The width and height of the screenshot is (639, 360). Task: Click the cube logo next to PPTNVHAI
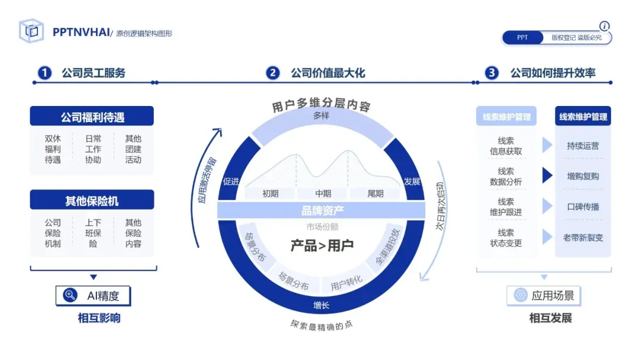pos(31,31)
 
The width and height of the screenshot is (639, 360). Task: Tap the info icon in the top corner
pos(604,26)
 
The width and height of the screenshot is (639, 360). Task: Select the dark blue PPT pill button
pos(522,38)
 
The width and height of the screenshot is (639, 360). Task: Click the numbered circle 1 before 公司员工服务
pos(45,73)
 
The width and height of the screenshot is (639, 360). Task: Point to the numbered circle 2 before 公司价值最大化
pos(273,73)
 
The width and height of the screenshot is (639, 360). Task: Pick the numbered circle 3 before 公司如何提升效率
pos(492,73)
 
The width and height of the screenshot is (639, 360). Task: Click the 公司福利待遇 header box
pos(92,117)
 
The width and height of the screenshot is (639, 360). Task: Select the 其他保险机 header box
pos(92,201)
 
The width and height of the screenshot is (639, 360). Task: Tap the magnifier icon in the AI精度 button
pos(70,295)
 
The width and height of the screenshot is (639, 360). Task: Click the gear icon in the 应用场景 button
pos(521,295)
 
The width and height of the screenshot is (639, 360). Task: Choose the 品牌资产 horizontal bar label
pos(322,210)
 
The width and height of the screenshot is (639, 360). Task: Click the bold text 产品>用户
pos(322,245)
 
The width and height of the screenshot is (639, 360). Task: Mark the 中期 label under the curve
pos(323,194)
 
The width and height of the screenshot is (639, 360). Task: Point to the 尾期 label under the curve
pos(375,194)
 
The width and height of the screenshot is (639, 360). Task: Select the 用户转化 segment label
pos(347,283)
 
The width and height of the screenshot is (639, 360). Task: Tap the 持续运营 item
pos(583,146)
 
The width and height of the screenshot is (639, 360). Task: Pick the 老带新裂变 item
pos(583,238)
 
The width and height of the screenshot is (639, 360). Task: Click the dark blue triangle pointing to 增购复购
pos(547,176)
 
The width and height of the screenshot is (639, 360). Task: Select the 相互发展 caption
pos(550,319)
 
